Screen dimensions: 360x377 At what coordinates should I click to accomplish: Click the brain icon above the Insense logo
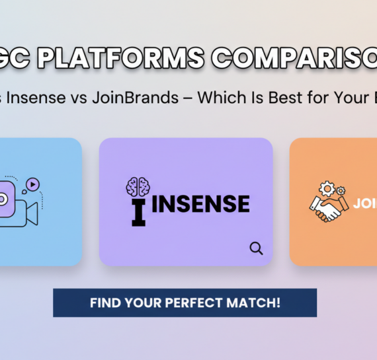tap(138, 186)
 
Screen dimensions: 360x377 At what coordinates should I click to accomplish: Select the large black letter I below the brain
tap(138, 212)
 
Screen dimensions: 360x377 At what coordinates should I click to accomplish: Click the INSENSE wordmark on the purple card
tap(201, 204)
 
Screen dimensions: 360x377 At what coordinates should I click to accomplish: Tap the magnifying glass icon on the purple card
tap(256, 248)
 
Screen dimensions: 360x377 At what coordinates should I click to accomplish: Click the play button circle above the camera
tap(32, 184)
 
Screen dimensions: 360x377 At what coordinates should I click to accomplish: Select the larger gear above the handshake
tap(327, 189)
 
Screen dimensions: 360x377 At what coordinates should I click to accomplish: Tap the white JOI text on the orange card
tap(364, 204)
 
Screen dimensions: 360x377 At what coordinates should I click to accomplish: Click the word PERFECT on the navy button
tap(198, 303)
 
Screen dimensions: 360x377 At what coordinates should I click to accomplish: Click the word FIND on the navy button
tap(105, 303)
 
